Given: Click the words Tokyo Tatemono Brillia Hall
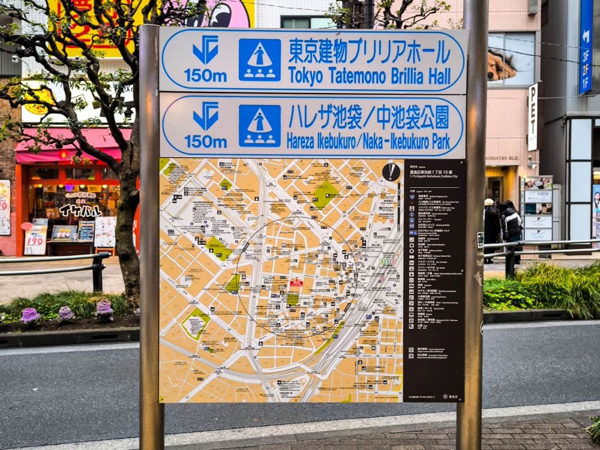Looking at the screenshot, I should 369,76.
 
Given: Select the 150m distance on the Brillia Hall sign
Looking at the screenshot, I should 205,76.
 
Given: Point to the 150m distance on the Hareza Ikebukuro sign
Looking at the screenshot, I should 205,142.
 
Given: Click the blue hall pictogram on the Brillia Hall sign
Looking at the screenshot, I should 259,60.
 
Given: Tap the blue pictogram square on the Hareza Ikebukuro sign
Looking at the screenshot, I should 259,126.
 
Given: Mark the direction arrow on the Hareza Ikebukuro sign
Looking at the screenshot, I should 206,116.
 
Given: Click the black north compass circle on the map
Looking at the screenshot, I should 391,172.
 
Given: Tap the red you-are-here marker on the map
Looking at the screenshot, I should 296,282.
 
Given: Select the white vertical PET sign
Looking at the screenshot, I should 533,117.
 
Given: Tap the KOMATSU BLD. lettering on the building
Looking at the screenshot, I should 502,158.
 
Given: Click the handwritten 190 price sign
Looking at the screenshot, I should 35,240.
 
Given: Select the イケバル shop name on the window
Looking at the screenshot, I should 80,209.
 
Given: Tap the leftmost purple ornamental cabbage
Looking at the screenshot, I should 29,315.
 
